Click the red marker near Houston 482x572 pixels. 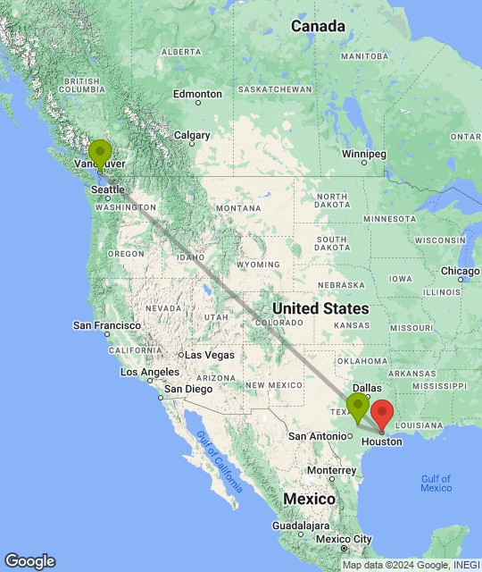pyautogui.click(x=382, y=415)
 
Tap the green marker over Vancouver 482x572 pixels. pyautogui.click(x=99, y=153)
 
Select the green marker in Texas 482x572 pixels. pyautogui.click(x=358, y=406)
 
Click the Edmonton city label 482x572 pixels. pyautogui.click(x=197, y=94)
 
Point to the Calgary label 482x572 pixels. pyautogui.click(x=192, y=136)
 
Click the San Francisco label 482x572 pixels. pyautogui.click(x=107, y=325)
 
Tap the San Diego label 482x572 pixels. pyautogui.click(x=187, y=389)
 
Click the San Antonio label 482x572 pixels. pyautogui.click(x=317, y=436)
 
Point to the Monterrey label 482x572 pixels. pyautogui.click(x=330, y=470)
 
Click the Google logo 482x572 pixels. pyautogui.click(x=29, y=561)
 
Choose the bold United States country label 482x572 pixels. pyautogui.click(x=320, y=308)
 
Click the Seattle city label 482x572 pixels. pyautogui.click(x=107, y=189)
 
